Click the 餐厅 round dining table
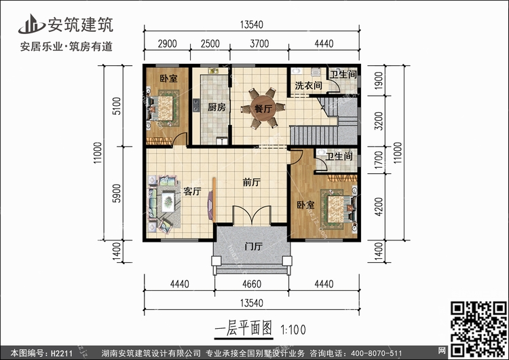click(263, 108)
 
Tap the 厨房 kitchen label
click(216, 107)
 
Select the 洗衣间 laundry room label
click(308, 86)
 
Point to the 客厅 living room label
click(192, 191)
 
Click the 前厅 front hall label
click(252, 182)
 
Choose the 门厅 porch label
click(254, 247)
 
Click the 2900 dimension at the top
click(167, 43)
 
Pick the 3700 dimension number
click(259, 43)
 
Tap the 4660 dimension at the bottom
click(252, 284)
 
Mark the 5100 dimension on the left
click(116, 106)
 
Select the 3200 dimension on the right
click(379, 121)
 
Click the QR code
click(478, 329)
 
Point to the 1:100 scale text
click(293, 330)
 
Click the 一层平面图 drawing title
click(243, 328)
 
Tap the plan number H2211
click(62, 353)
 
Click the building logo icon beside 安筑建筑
click(31, 24)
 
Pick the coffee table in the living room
click(168, 202)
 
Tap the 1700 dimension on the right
click(379, 160)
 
